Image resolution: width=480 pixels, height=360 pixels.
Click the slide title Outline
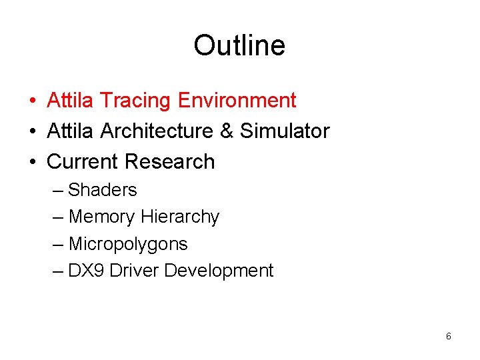point(239,45)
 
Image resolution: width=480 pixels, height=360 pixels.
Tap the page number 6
point(448,337)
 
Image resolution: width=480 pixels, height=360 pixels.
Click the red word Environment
point(237,101)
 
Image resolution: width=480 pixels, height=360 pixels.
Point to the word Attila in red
point(71,101)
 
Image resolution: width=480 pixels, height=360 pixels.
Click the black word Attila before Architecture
point(71,131)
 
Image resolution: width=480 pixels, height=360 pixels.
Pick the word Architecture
point(157,131)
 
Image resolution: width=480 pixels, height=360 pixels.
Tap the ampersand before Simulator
point(227,131)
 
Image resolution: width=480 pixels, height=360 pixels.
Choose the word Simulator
point(285,131)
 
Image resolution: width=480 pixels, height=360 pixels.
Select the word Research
point(170,162)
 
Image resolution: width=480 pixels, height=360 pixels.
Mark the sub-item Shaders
point(103,190)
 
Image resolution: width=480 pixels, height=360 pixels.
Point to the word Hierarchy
point(180,217)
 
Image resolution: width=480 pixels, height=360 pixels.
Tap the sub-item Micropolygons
point(128,245)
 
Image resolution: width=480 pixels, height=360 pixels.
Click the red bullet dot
point(33,101)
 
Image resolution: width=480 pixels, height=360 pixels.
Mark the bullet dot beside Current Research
point(33,163)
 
